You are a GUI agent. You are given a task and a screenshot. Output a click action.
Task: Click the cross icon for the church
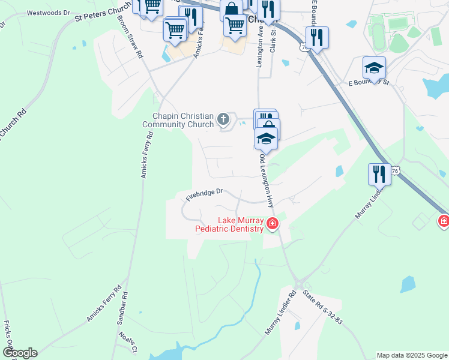pyautogui.click(x=223, y=119)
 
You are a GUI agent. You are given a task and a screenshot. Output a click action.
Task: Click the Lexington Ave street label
pyautogui.click(x=261, y=50)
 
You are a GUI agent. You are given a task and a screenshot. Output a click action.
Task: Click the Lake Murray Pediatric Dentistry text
pyautogui.click(x=229, y=224)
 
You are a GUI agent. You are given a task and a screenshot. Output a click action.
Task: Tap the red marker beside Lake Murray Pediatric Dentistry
pyautogui.click(x=272, y=224)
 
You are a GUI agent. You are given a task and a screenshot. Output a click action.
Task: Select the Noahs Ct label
pyautogui.click(x=128, y=342)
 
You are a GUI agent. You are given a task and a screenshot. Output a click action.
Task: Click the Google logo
pyautogui.click(x=20, y=353)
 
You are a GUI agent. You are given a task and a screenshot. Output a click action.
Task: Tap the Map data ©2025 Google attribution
pyautogui.click(x=412, y=355)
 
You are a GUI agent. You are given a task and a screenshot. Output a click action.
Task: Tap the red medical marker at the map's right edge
pyautogui.click(x=444, y=221)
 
